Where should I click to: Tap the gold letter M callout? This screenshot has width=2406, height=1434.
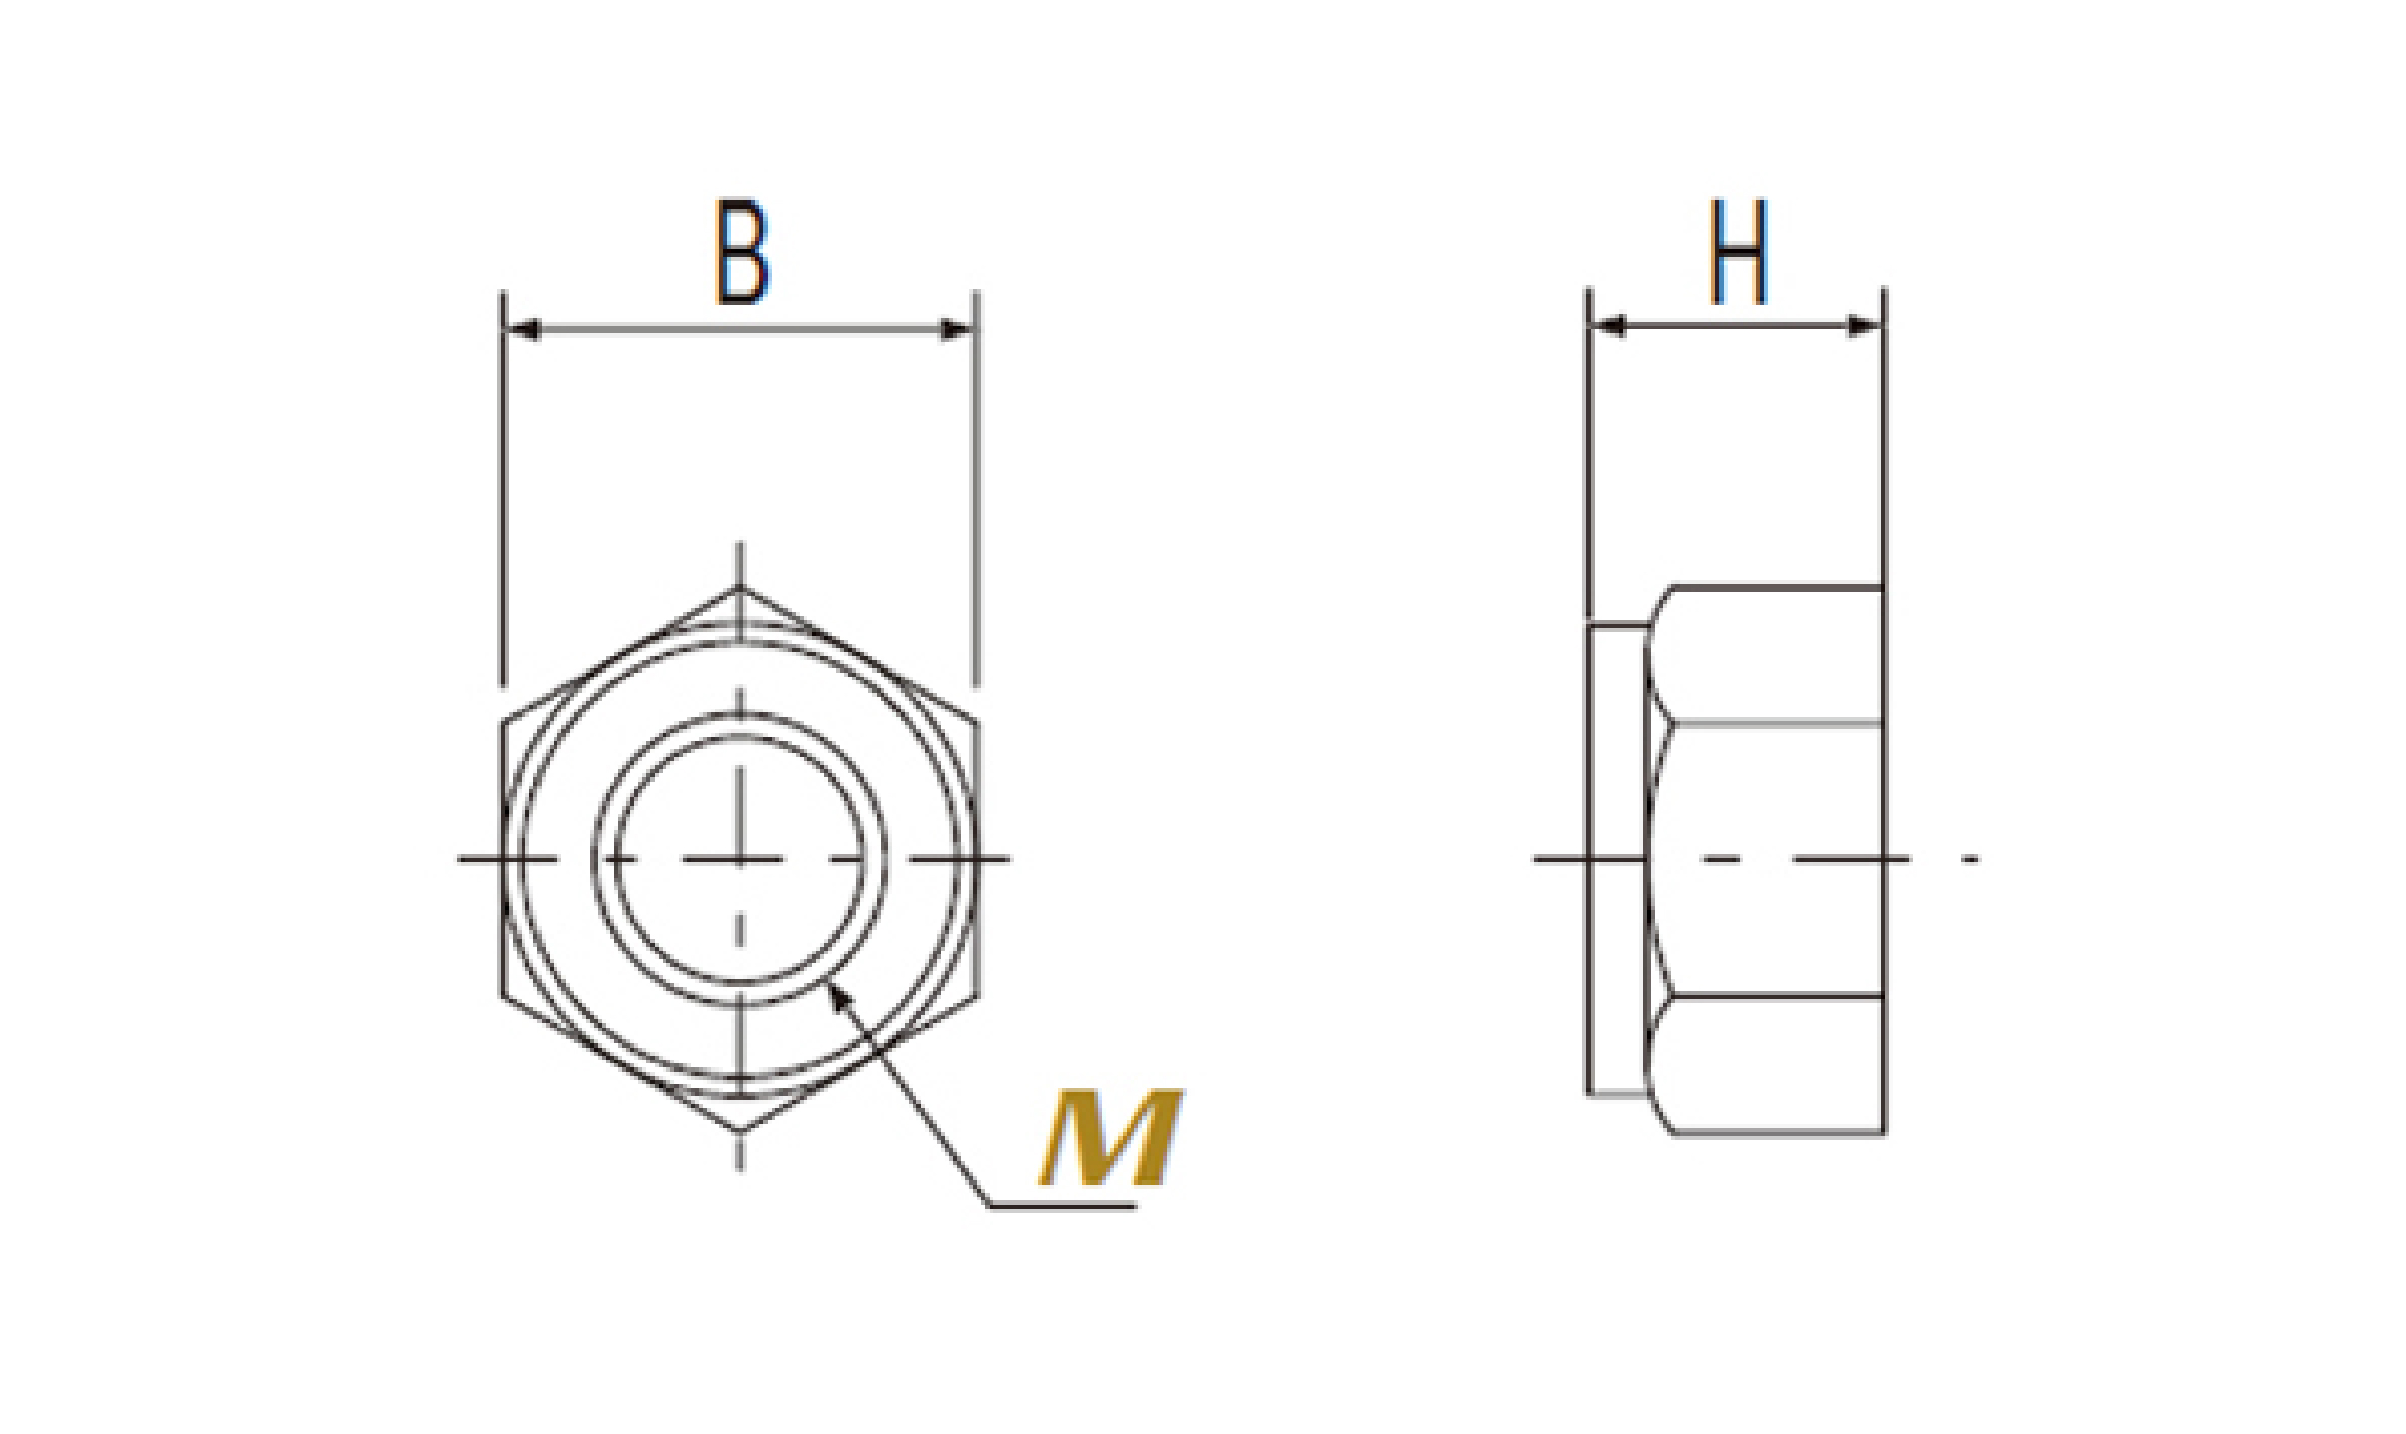1111,1137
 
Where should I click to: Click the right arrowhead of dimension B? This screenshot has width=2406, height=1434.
957,331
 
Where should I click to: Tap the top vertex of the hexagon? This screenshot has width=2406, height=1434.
740,587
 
